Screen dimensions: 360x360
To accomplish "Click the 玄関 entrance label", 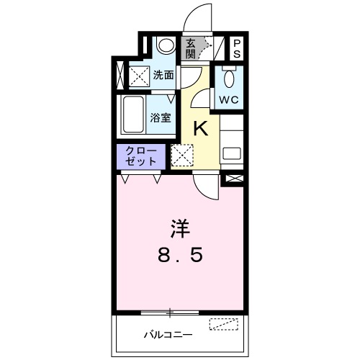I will (x=191, y=50).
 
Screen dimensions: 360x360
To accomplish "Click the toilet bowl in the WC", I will (x=230, y=78).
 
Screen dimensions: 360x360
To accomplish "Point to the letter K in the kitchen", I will (x=202, y=129).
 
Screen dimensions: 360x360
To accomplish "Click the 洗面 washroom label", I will (x=163, y=74).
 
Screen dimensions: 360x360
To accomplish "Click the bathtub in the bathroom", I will (x=134, y=113).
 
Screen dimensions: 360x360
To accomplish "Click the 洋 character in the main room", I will (x=180, y=230).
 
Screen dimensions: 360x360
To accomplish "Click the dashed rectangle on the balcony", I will (x=223, y=323).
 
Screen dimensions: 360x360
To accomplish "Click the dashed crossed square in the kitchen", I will (x=183, y=155).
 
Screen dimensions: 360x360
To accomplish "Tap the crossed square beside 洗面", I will (x=138, y=75).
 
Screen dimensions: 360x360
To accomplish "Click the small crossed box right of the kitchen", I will (x=233, y=178).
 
